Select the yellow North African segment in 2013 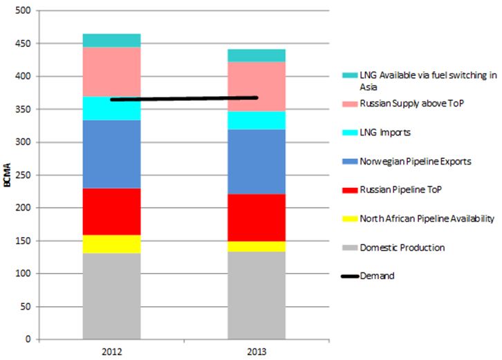pos(257,246)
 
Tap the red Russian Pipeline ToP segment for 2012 pos(111,211)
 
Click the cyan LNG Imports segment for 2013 pos(257,120)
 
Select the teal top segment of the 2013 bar pos(257,55)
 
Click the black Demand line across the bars pos(184,99)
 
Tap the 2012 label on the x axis pos(111,350)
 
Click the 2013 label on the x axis pos(257,350)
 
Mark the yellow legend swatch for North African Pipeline pos(349,219)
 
